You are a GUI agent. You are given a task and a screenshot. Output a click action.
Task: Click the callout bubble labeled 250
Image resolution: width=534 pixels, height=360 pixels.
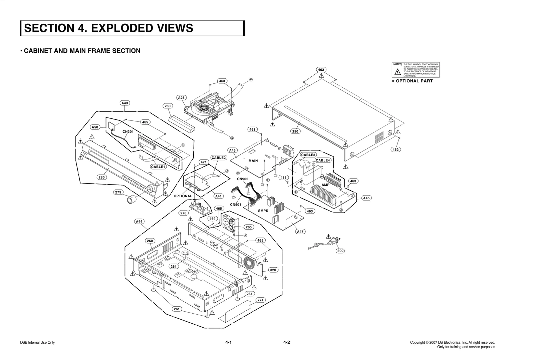pyautogui.click(x=295, y=131)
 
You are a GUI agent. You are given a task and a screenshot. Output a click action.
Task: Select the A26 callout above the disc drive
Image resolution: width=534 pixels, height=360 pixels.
pyautogui.click(x=181, y=98)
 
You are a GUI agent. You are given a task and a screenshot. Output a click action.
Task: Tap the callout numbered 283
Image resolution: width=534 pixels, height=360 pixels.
pyautogui.click(x=168, y=106)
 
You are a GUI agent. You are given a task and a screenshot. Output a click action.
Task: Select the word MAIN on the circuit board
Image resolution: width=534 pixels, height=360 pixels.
pyautogui.click(x=253, y=161)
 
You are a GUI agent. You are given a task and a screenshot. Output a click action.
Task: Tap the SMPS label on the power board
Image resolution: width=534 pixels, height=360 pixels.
pyautogui.click(x=263, y=211)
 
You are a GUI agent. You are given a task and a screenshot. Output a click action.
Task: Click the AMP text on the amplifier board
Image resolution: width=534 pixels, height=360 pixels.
pyautogui.click(x=325, y=185)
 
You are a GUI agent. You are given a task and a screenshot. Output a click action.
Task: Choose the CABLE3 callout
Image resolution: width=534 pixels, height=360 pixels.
pyautogui.click(x=308, y=155)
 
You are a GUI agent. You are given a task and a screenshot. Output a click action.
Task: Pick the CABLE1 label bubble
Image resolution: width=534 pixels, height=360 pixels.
pyautogui.click(x=158, y=167)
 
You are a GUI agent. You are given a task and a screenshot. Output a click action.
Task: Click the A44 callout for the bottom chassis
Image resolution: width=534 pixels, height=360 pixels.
pyautogui.click(x=139, y=222)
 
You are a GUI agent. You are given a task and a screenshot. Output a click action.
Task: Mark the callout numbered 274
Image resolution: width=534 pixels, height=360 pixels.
pyautogui.click(x=260, y=300)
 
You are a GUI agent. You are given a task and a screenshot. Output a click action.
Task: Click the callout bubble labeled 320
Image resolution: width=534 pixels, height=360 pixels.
pyautogui.click(x=273, y=270)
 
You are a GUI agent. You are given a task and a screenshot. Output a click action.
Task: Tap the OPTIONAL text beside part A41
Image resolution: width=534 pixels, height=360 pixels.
pyautogui.click(x=183, y=196)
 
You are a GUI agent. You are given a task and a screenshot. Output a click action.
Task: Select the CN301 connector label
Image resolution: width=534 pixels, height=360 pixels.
pyautogui.click(x=128, y=131)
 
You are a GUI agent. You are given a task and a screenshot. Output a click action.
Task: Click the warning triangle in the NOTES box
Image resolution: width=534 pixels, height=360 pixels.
pyautogui.click(x=397, y=72)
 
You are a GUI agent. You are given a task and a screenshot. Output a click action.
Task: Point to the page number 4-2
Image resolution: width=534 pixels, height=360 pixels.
pyautogui.click(x=286, y=342)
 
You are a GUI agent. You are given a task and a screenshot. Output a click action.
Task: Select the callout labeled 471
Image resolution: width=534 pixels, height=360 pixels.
pyautogui.click(x=204, y=162)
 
